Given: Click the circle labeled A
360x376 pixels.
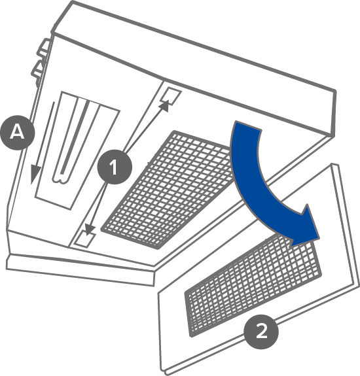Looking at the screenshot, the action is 18,132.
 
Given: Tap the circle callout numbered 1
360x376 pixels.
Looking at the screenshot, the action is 115,167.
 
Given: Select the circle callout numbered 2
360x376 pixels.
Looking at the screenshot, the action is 261,332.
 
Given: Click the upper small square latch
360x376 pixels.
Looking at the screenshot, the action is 171,95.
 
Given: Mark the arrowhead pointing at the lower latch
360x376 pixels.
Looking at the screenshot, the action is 89,230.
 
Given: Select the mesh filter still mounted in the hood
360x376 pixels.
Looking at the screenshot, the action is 168,190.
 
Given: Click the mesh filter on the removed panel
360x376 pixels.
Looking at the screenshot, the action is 253,285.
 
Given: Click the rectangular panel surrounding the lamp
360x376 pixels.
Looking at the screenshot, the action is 77,150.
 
